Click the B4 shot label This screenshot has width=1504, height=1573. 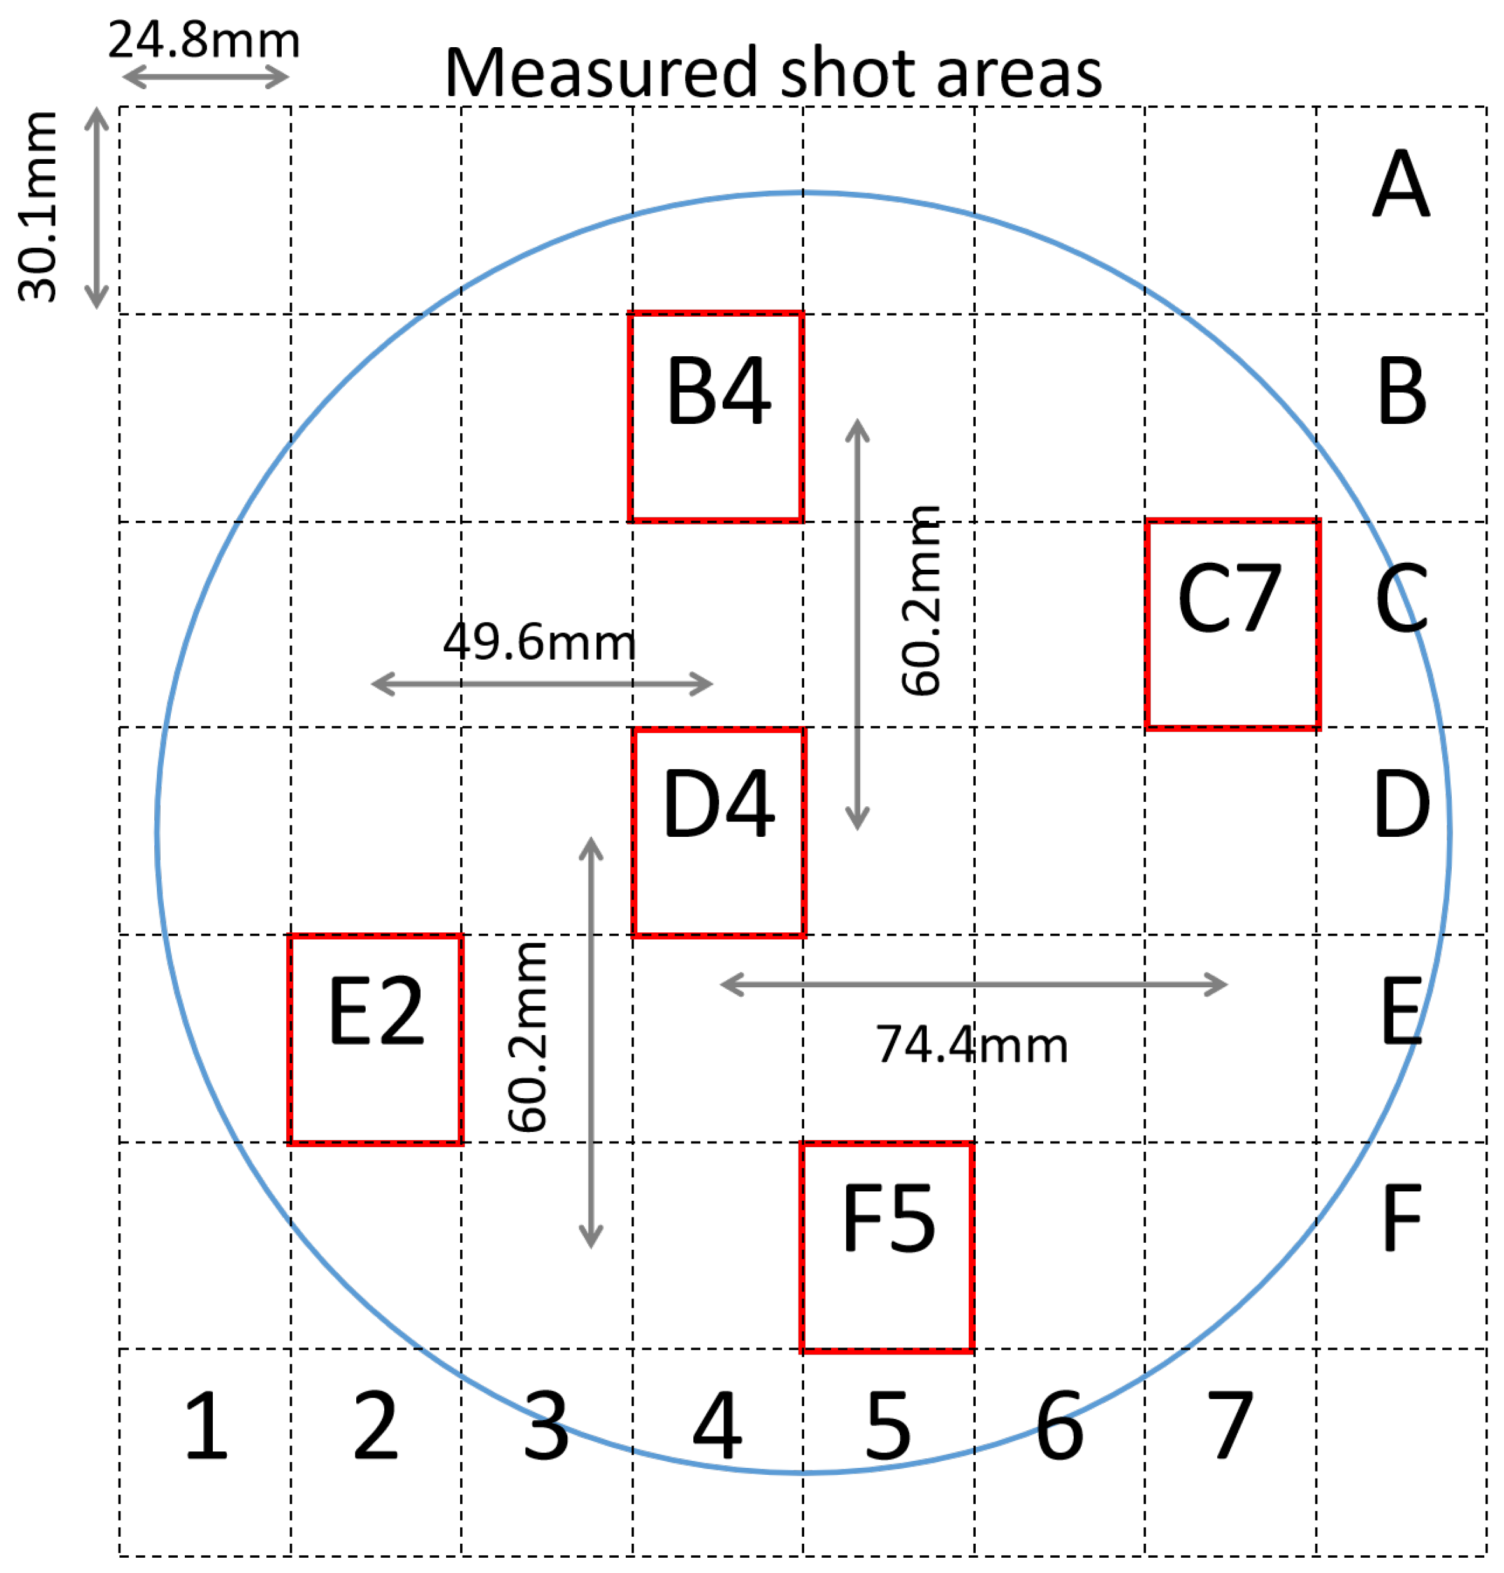click(718, 391)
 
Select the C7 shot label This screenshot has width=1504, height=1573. click(1229, 598)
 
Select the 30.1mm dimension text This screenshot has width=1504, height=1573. click(38, 207)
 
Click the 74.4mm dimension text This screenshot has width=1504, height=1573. click(972, 1045)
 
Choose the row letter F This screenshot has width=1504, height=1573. click(1401, 1219)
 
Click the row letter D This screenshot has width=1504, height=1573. click(1401, 804)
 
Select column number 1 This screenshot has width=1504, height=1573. click(206, 1427)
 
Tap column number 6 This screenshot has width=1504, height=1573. click(1059, 1427)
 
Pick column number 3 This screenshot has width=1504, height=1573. click(545, 1427)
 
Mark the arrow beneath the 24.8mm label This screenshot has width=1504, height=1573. click(205, 78)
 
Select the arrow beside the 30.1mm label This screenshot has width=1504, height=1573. click(97, 208)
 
